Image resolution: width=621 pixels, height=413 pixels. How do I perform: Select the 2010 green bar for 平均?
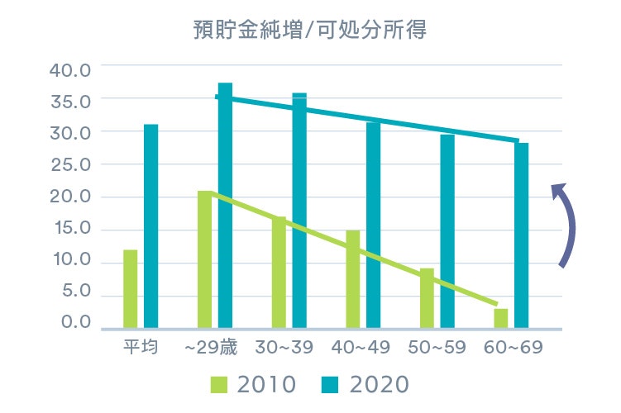coord(131,288)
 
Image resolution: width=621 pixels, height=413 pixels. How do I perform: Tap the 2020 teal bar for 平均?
coord(150,225)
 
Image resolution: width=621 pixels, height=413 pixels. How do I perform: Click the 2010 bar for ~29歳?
coord(204,259)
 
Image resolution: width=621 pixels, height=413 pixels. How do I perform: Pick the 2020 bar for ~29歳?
coord(225,205)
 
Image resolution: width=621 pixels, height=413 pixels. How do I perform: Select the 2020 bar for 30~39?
coord(299,211)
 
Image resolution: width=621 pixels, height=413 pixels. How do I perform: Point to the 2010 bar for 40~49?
coord(353,278)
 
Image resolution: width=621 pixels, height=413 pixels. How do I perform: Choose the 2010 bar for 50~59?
coord(427,297)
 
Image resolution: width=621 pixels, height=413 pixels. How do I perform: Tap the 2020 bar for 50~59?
coord(447,230)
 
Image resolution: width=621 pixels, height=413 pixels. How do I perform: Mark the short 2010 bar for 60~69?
coord(501,318)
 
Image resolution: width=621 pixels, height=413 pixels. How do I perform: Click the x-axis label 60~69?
coord(514,347)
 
